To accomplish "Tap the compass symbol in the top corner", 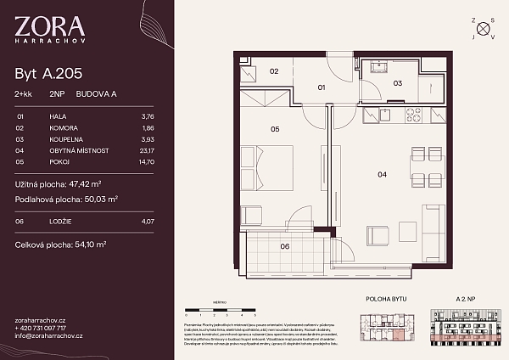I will pyautogui.click(x=484, y=28).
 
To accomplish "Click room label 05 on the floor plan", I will pyautogui.click(x=274, y=130).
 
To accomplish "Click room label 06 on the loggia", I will pyautogui.click(x=285, y=246).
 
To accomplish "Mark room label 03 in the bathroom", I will pyautogui.click(x=396, y=83).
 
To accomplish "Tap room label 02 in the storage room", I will pyautogui.click(x=274, y=71).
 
